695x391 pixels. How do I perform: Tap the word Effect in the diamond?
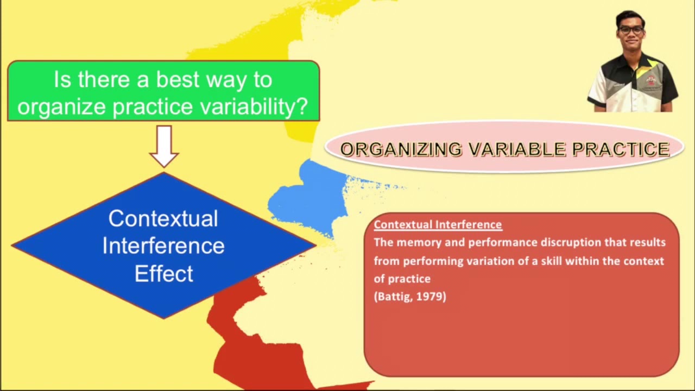163,273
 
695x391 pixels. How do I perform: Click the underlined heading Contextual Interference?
438,224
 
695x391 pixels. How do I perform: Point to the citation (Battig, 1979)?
410,297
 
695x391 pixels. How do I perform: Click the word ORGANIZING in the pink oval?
401,149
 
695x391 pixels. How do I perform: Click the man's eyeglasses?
630,30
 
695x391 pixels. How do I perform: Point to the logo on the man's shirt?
650,80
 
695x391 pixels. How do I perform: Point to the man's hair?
630,16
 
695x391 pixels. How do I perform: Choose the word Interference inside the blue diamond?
163,245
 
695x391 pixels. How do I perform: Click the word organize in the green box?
63,107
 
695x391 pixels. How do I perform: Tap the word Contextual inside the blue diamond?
163,218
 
